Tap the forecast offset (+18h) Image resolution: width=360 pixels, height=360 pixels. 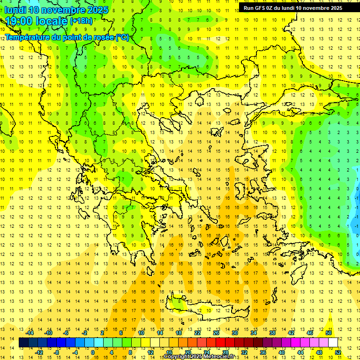tap(82, 21)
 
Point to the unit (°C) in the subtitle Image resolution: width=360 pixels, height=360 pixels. tap(123, 37)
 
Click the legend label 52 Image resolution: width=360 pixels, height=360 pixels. tap(338, 352)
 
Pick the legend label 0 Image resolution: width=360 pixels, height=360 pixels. tap(93, 352)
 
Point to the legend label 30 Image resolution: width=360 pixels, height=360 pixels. tap(234, 333)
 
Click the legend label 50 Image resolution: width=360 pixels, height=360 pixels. tap(328, 333)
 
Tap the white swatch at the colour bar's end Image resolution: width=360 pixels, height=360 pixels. tap(333, 343)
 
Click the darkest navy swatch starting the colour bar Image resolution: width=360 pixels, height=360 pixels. tap(24, 343)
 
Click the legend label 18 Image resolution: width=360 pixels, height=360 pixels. tap(178, 333)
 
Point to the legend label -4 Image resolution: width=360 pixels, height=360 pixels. tap(75, 352)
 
